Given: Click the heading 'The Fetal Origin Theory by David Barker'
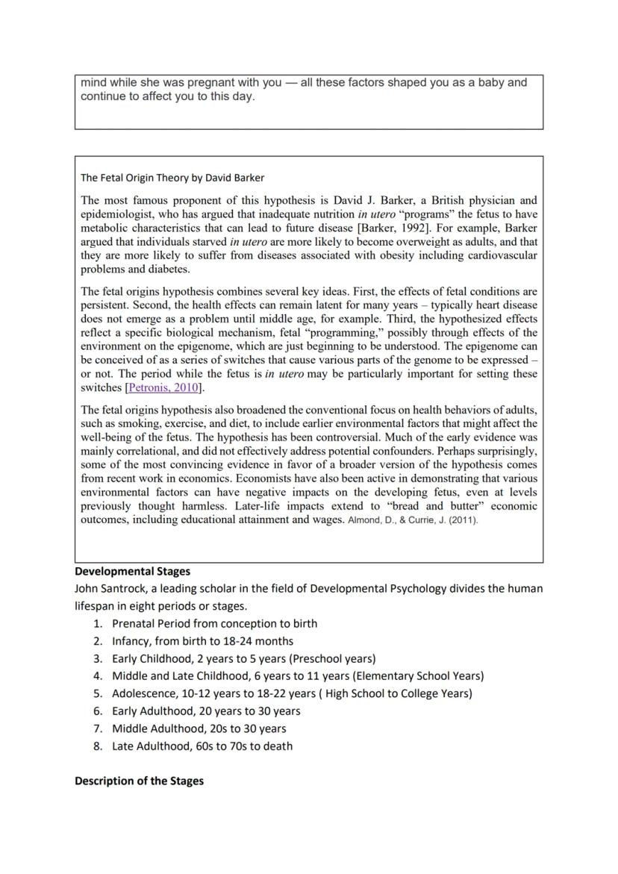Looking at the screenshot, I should (x=172, y=178).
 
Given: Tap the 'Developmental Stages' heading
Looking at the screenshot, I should (x=132, y=571).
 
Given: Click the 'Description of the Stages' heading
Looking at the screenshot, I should (x=139, y=781).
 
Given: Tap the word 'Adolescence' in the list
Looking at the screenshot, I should (x=144, y=693).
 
